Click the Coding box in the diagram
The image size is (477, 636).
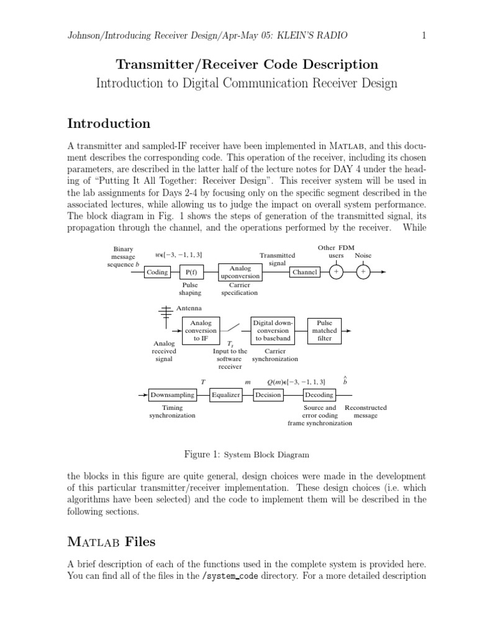[x=157, y=272]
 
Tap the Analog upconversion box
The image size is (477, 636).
[x=240, y=272]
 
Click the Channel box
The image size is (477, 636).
[x=304, y=272]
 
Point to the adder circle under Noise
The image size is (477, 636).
[x=363, y=272]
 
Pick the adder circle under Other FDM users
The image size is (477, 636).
[x=336, y=272]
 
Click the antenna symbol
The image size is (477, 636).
[x=166, y=314]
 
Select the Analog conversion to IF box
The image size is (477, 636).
[x=201, y=330]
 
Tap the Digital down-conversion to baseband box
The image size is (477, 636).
[x=273, y=330]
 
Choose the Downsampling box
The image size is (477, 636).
[x=172, y=394]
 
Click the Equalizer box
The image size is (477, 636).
[x=225, y=394]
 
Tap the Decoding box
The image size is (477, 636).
[x=319, y=394]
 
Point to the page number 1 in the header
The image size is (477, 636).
[x=424, y=36]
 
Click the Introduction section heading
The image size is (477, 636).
[x=108, y=123]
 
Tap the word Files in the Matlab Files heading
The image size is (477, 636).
[x=140, y=542]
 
